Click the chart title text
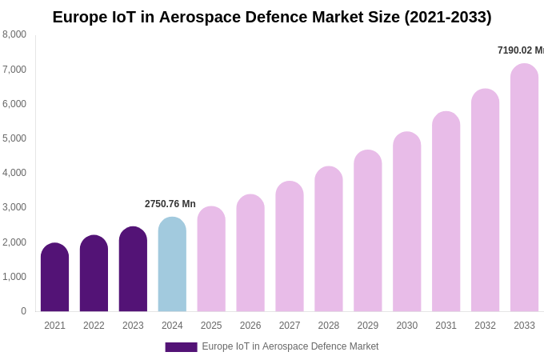[272, 17]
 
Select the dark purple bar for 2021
[54, 278]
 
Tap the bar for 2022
[94, 274]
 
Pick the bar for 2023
[133, 270]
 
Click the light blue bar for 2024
[172, 265]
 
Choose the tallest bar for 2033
[524, 188]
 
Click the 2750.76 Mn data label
[170, 204]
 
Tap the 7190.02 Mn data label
[520, 50]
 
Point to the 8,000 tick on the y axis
[14, 34]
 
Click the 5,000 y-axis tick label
[14, 138]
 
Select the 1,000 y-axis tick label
[14, 277]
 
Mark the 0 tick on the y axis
[23, 311]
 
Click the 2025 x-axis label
[211, 326]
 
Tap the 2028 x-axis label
[329, 326]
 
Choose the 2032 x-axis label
[485, 326]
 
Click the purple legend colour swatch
[181, 347]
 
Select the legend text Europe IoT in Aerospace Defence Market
[290, 346]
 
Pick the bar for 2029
[368, 231]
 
